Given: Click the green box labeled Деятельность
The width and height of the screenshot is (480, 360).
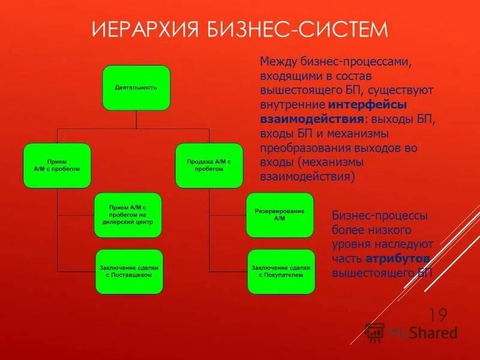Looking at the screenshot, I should [x=136, y=88].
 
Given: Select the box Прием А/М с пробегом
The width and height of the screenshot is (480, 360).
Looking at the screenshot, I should [x=57, y=165].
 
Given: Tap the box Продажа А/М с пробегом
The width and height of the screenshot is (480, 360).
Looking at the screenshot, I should [x=209, y=165].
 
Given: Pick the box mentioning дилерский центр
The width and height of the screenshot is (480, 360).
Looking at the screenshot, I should [x=127, y=214].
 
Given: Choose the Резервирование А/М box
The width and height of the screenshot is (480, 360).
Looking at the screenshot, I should [x=280, y=215].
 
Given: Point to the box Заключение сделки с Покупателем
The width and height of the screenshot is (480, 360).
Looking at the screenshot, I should [x=281, y=271].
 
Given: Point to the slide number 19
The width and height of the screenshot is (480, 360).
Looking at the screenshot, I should [x=439, y=314].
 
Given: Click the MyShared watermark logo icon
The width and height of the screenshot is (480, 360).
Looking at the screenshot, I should [x=375, y=332].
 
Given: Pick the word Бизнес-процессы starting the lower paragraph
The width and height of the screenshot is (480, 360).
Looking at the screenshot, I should [x=380, y=215].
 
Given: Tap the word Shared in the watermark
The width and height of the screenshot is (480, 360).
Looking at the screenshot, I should [x=437, y=333].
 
